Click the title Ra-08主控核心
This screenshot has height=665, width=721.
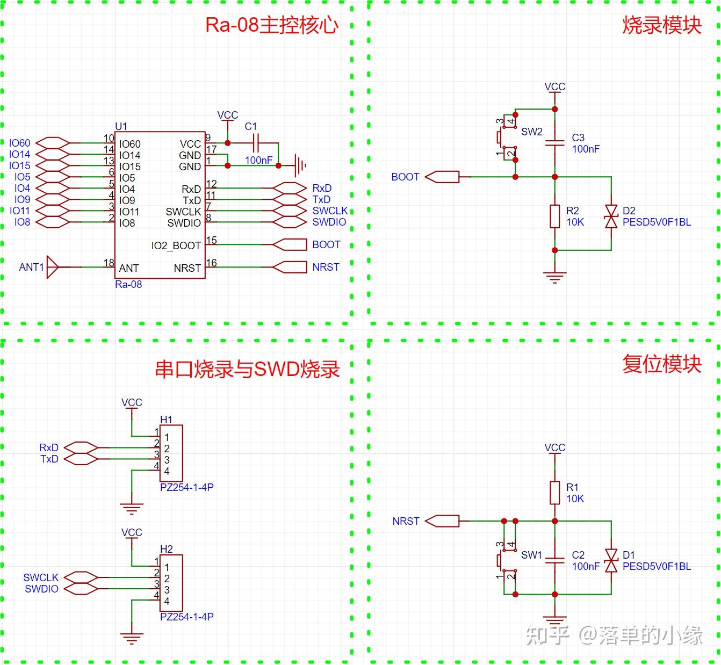pos(272,25)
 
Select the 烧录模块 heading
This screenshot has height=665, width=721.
pos(661,25)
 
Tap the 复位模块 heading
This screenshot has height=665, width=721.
pos(661,364)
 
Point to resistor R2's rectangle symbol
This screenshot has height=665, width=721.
pos(555,216)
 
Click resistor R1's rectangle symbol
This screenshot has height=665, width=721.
pos(555,493)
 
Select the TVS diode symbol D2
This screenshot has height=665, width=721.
pos(611,216)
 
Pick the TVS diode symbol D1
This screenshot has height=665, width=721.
pos(611,560)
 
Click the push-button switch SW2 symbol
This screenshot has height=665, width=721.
pos(506,138)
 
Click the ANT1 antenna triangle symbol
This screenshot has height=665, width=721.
pos(53,267)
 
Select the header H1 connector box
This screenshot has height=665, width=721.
pos(171,453)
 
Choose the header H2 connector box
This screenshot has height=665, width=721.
pos(171,583)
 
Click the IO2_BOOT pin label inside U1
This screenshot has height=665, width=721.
pos(176,246)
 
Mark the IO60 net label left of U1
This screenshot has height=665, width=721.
pos(20,143)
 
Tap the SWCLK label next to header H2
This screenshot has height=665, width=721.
pos(41,577)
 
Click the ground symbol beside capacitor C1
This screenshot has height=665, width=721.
pos(300,165)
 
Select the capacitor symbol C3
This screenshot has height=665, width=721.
pos(555,143)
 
